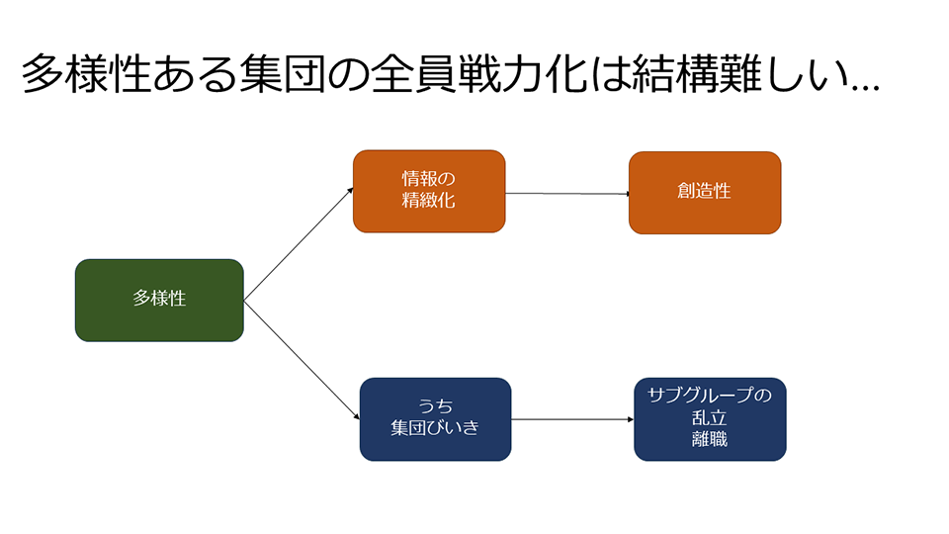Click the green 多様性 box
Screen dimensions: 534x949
point(159,300)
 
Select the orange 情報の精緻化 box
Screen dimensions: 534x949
point(429,191)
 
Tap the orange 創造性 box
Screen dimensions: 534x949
point(705,192)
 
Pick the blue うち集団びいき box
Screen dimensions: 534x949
point(435,418)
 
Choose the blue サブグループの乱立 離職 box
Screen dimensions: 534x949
point(710,418)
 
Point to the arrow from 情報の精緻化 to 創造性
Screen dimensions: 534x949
point(567,194)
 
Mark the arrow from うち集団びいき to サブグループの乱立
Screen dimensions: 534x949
point(572,419)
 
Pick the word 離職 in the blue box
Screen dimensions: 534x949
point(710,439)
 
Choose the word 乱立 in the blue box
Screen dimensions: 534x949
point(710,418)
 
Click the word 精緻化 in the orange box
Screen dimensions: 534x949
point(429,201)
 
